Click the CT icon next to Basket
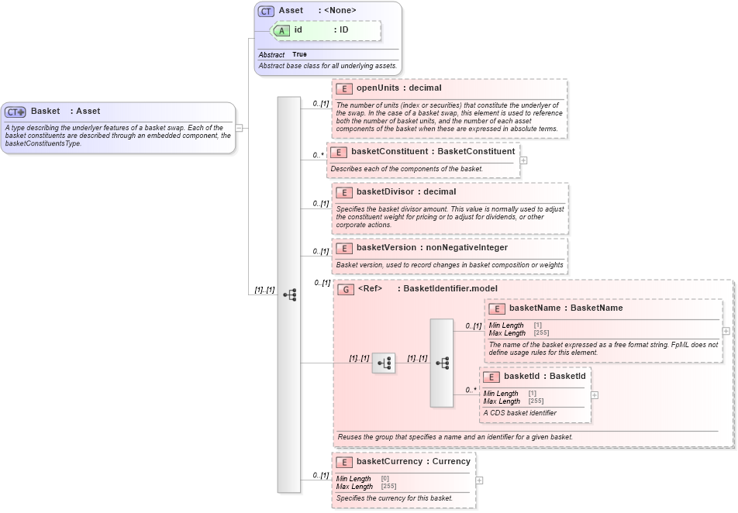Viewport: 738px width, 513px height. coord(16,112)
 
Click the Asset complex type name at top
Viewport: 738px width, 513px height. coord(291,11)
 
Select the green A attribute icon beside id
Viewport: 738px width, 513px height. coord(283,30)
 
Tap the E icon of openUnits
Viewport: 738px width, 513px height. coord(345,88)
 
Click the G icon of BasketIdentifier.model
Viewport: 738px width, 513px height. coord(347,289)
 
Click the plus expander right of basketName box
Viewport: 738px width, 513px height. coord(726,331)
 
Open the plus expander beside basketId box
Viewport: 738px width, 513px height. coord(595,394)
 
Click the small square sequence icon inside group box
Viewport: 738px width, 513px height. coord(384,363)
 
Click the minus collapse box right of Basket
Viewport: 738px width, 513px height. coord(240,128)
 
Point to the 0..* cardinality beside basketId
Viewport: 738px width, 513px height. coord(471,390)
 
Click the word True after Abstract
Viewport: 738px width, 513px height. coord(299,55)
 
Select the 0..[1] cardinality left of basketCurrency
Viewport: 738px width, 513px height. coord(320,475)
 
